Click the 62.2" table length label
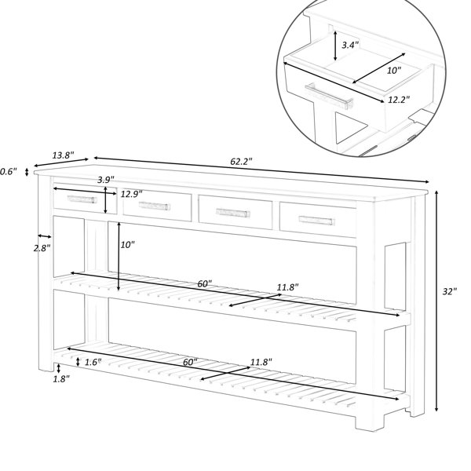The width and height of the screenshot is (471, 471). (241, 162)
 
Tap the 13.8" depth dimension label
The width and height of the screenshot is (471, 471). (64, 155)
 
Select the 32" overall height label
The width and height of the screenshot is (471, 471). (450, 291)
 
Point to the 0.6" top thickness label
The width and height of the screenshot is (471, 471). (8, 172)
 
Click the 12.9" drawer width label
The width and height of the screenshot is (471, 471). (132, 194)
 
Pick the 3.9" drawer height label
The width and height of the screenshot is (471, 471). (106, 180)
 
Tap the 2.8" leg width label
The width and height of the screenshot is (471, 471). (42, 248)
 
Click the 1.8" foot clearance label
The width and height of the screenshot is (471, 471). (61, 379)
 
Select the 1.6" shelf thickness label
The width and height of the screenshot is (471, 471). (93, 362)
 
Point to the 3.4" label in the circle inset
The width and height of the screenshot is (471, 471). (351, 45)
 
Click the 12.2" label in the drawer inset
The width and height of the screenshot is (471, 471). (399, 100)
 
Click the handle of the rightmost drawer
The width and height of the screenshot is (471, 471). (317, 221)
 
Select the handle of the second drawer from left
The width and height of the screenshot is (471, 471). (155, 206)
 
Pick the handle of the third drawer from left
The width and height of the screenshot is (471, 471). (233, 213)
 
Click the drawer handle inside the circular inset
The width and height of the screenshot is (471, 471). (329, 96)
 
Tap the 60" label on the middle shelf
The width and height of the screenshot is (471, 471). (205, 283)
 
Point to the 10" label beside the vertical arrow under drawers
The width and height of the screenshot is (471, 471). (128, 245)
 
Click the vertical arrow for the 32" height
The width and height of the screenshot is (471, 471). (436, 301)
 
